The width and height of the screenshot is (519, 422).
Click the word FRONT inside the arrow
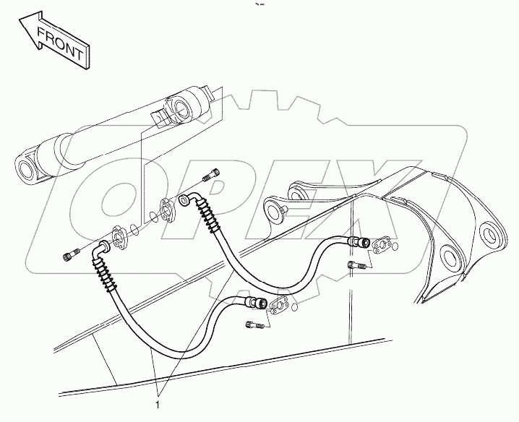coord(61,43)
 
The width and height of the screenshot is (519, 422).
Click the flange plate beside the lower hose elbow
coord(119,238)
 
